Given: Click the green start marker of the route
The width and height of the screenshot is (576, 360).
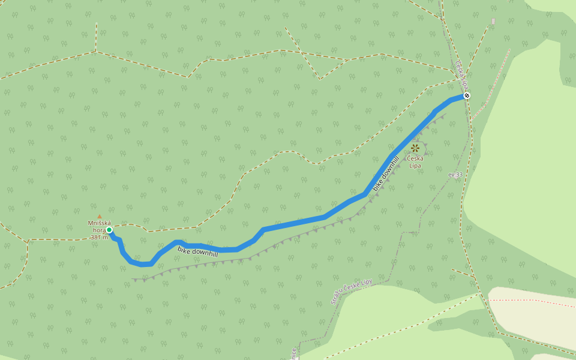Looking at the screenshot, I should (109, 229).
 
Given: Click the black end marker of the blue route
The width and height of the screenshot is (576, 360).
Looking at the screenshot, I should (467, 95).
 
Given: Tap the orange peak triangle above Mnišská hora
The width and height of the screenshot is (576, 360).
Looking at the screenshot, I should (100, 217).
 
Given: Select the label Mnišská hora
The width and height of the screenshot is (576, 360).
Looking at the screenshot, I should (100, 226).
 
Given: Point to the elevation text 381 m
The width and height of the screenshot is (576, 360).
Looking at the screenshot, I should (99, 237).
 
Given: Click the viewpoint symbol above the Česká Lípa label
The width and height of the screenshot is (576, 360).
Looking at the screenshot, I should (415, 148).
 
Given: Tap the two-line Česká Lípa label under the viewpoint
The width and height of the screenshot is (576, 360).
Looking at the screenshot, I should (415, 161).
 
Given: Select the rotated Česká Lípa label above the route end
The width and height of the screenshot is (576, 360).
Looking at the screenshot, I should (461, 74).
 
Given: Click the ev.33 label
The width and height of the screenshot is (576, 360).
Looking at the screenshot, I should (455, 175).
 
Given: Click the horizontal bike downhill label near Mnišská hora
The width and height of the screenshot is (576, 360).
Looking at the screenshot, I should (197, 250).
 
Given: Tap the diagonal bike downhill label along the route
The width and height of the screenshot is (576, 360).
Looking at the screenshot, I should (386, 173).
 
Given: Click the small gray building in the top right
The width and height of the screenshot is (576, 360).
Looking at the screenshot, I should (493, 21).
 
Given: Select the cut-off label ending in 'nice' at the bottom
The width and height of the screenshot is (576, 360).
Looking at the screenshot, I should (294, 353).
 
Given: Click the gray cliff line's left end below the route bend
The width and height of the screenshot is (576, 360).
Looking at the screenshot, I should (135, 279).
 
